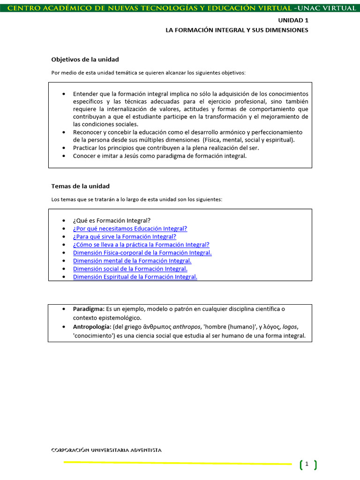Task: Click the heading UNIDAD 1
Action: pos(293,21)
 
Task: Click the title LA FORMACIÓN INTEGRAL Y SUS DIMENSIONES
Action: pos(237,30)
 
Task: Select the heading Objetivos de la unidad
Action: pos(85,60)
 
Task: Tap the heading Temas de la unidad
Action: pos(80,186)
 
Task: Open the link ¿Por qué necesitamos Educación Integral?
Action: pos(130,229)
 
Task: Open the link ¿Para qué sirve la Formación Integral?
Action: pos(124,237)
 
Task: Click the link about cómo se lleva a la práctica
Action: pos(141,245)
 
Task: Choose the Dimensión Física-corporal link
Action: pos(142,253)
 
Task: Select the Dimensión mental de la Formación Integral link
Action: pos(132,261)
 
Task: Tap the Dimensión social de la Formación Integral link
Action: pos(130,269)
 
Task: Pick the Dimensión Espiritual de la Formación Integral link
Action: pos(135,277)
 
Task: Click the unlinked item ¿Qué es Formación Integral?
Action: pos(112,221)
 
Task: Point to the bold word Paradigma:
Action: pos(89,309)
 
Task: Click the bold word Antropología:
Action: pos(92,327)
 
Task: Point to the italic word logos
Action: pos(290,327)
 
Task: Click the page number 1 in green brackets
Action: pos(307,464)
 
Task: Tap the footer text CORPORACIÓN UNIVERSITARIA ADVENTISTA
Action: pos(106,450)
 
